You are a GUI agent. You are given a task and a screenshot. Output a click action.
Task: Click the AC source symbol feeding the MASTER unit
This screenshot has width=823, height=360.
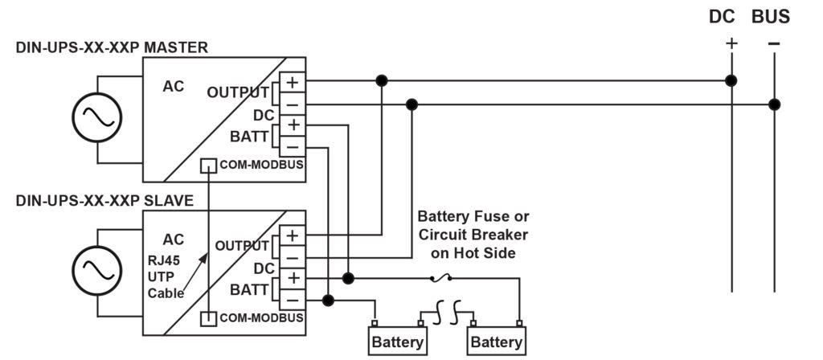pyautogui.click(x=96, y=117)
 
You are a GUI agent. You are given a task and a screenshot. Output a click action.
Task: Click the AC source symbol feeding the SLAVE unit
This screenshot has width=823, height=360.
pyautogui.click(x=96, y=270)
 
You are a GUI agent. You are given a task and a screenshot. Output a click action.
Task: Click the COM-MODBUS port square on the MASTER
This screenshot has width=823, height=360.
pyautogui.click(x=208, y=166)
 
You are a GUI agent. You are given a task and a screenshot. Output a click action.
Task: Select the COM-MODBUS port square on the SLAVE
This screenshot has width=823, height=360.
pyautogui.click(x=208, y=318)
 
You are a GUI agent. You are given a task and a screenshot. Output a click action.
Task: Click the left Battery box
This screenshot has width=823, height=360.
pyautogui.click(x=397, y=341)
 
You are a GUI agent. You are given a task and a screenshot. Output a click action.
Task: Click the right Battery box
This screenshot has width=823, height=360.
pyautogui.click(x=496, y=341)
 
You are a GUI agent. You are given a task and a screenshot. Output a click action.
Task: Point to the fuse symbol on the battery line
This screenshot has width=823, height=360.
pyautogui.click(x=441, y=278)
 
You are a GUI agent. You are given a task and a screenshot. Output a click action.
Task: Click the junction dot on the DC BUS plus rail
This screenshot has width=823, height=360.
pyautogui.click(x=731, y=80)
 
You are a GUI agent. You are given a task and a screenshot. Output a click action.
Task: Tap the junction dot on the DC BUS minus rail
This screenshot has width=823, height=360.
pyautogui.click(x=774, y=104)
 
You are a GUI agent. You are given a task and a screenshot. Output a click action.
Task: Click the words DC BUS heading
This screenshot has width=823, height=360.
pyautogui.click(x=749, y=17)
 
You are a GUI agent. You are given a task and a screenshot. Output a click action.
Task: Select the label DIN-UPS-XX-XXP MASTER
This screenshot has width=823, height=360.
pyautogui.click(x=112, y=47)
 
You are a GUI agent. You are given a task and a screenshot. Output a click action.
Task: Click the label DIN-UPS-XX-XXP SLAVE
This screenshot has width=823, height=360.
pyautogui.click(x=104, y=200)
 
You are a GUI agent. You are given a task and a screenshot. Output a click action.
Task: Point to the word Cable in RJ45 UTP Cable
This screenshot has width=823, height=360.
pyautogui.click(x=166, y=293)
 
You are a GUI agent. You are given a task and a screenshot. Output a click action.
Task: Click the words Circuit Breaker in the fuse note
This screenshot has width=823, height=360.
pyautogui.click(x=473, y=235)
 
